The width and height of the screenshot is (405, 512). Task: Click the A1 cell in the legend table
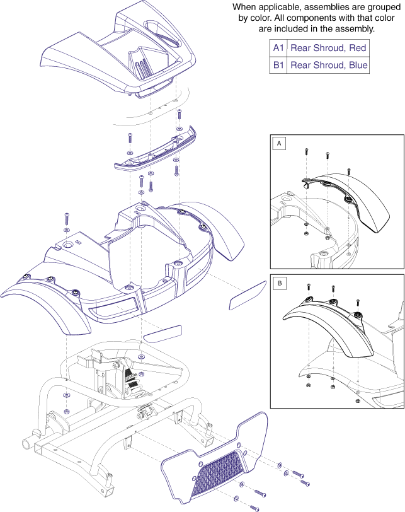pos(278,48)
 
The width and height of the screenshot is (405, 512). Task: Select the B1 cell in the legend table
pos(278,65)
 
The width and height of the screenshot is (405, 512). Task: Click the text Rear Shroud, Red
pos(328,48)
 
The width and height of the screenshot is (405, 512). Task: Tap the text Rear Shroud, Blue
pos(328,65)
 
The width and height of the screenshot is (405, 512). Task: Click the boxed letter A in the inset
pos(278,144)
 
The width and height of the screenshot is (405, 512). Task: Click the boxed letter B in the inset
pos(278,284)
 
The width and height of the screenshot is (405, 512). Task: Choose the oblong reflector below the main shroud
pos(163,331)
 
